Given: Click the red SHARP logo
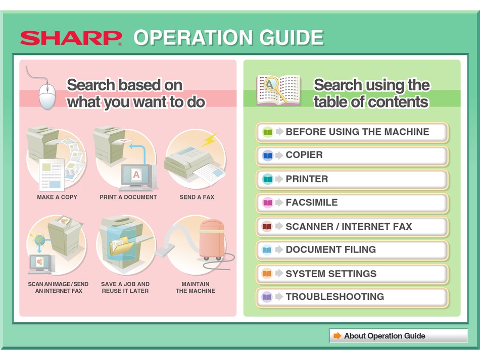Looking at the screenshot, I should tap(71, 38).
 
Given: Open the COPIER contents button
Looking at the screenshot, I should tap(352, 156).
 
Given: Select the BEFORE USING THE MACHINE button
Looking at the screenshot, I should tap(352, 132).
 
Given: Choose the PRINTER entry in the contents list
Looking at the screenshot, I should tap(352, 179).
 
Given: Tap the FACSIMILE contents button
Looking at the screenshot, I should tap(352, 202).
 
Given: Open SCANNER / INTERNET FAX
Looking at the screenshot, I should tap(352, 226).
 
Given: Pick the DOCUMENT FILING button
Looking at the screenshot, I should tap(352, 250).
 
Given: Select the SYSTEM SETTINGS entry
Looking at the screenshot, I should tap(352, 274).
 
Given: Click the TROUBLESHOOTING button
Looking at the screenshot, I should tap(352, 297).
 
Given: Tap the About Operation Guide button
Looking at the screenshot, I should tap(398, 336).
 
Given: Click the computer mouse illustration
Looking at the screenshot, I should tap(47, 96).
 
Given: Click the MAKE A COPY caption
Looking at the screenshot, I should tap(57, 197).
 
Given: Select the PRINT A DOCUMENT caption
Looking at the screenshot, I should tap(128, 197).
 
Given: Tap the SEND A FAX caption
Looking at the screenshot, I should tap(197, 197).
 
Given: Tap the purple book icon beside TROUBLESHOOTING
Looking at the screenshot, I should tap(267, 297).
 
